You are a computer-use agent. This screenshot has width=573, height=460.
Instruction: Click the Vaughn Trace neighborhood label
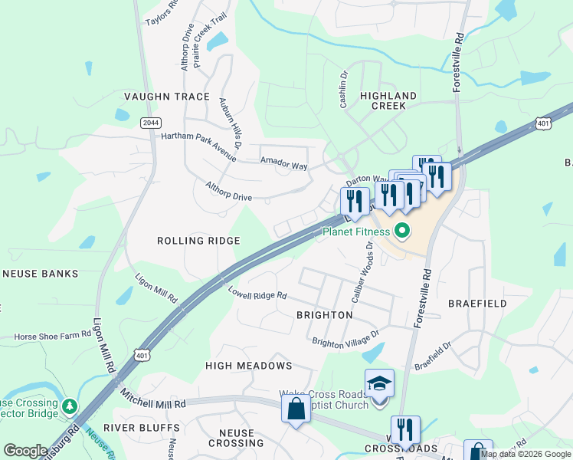click(x=166, y=97)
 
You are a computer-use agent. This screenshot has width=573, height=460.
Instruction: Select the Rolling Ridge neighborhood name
click(x=198, y=241)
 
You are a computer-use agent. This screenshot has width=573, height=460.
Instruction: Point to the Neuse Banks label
click(x=40, y=274)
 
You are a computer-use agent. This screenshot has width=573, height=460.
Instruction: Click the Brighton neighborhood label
click(x=325, y=315)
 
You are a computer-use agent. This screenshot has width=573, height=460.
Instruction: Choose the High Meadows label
click(x=248, y=366)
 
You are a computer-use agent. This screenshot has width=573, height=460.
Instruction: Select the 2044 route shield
click(x=150, y=122)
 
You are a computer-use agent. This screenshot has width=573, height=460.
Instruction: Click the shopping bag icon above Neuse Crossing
click(x=296, y=409)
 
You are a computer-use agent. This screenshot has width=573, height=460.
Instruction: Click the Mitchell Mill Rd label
click(x=153, y=398)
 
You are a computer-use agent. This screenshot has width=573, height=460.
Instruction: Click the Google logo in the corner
click(x=25, y=451)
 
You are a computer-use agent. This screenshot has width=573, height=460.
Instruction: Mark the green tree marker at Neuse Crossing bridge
click(x=70, y=404)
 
